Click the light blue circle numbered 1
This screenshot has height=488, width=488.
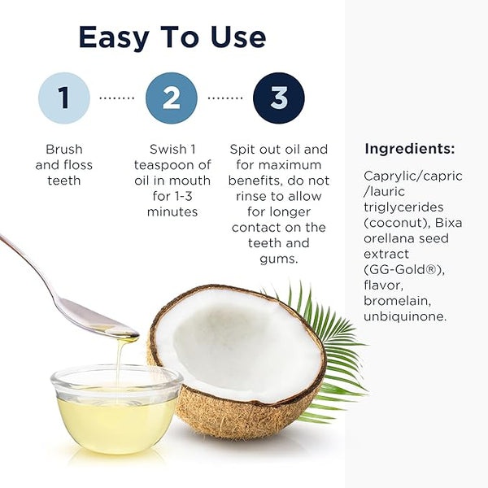64,98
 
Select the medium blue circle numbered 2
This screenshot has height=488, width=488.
172,98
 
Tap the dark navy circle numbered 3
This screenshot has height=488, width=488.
279,98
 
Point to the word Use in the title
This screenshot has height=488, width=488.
238,37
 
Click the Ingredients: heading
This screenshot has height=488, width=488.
410,150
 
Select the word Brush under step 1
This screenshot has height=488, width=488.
64,149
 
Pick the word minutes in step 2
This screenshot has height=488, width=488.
172,212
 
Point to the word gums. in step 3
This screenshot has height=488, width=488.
279,259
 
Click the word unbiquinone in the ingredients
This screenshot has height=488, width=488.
405,317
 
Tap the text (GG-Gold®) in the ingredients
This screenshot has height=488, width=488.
404,269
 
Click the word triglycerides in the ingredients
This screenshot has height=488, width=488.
403,208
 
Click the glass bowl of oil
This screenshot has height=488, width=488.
116,410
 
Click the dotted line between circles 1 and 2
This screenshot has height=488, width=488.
117,98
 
